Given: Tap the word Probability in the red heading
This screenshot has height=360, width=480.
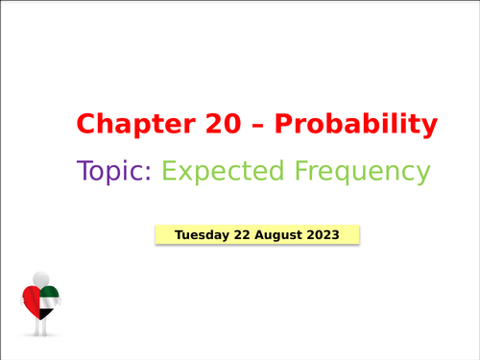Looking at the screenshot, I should pyautogui.click(x=354, y=124).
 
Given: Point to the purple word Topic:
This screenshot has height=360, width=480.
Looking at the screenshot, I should pyautogui.click(x=114, y=172).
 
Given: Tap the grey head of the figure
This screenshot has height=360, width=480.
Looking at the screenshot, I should pyautogui.click(x=40, y=277).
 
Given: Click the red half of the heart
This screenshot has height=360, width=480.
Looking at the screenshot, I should pyautogui.click(x=31, y=300).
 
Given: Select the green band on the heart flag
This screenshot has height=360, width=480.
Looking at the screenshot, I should pyautogui.click(x=49, y=292).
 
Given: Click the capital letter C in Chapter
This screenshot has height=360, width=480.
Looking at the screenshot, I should pyautogui.click(x=86, y=124).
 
